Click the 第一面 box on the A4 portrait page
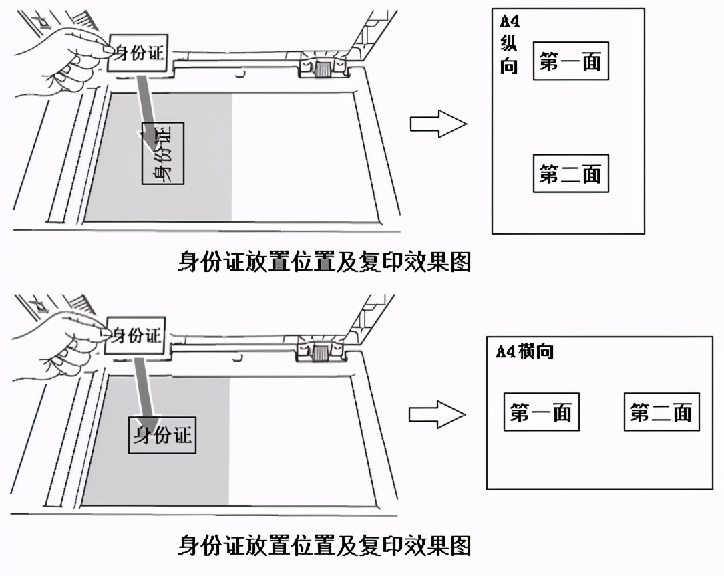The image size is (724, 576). (x=570, y=63)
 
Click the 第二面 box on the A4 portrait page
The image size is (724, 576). (x=570, y=174)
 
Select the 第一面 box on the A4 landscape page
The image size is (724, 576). (x=541, y=412)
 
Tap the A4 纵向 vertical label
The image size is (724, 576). (x=509, y=44)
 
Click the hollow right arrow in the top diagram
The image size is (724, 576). (x=437, y=124)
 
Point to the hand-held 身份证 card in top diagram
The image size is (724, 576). (x=137, y=52)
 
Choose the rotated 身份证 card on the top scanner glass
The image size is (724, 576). (x=162, y=154)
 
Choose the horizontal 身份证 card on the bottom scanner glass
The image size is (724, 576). (x=162, y=436)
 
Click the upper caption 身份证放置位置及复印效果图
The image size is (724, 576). (x=325, y=261)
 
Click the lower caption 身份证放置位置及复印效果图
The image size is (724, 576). (x=325, y=545)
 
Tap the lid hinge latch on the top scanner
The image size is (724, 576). (x=323, y=67)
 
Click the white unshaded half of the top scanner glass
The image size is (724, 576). (x=301, y=157)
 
